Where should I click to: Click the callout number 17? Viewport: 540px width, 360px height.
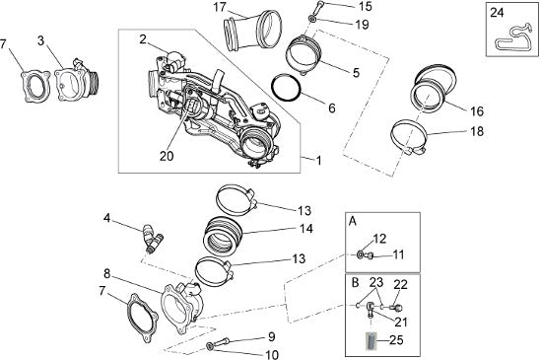(220, 7)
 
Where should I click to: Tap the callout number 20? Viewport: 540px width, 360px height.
(167, 156)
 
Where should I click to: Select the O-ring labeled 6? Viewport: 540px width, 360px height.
(287, 87)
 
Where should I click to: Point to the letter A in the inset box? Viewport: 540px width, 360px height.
(353, 221)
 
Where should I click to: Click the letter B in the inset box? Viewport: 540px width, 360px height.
(355, 283)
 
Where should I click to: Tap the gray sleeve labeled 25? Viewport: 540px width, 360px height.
(371, 340)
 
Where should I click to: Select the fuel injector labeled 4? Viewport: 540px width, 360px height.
(153, 239)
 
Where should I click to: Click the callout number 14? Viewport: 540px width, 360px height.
(306, 228)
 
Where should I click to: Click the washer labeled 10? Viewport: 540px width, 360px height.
(209, 345)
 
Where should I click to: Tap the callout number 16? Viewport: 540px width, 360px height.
(477, 111)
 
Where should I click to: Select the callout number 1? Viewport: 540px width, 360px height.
(319, 161)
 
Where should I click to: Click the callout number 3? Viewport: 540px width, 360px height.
(41, 40)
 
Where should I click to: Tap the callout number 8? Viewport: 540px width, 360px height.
(107, 274)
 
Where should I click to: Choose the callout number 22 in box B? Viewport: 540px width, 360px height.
(400, 285)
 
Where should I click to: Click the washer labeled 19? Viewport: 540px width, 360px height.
(312, 19)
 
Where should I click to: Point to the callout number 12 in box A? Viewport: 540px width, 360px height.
(379, 239)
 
